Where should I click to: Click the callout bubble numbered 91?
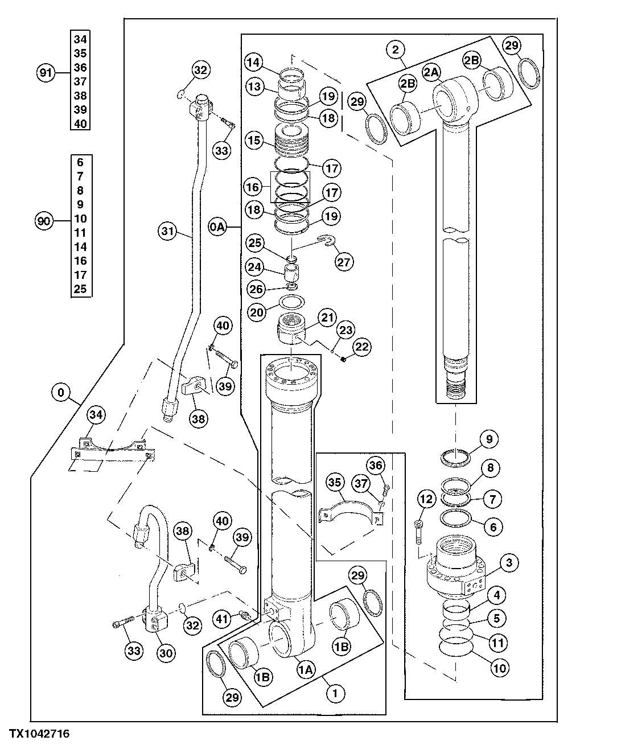(x=46, y=73)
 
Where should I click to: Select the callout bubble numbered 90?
(x=44, y=220)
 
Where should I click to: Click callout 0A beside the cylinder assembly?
(x=218, y=228)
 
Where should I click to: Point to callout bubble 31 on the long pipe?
(x=166, y=231)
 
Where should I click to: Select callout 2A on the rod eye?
(x=431, y=72)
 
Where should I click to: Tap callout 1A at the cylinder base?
(x=306, y=670)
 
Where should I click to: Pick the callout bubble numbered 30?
(x=165, y=654)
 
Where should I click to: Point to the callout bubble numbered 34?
(x=96, y=415)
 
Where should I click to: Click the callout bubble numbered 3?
(x=508, y=563)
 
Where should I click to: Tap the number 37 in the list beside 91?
(x=80, y=81)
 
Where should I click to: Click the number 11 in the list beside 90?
(x=80, y=233)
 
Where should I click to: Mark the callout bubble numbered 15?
(x=253, y=139)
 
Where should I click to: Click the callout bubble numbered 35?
(x=334, y=483)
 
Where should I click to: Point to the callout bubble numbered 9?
(x=488, y=439)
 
